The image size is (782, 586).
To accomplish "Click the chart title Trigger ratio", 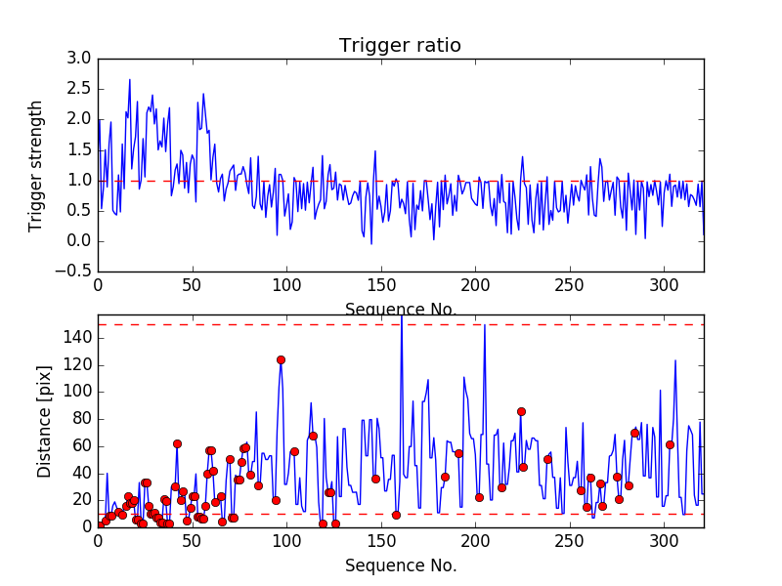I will (400, 46).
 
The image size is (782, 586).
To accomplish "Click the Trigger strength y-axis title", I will (36, 165).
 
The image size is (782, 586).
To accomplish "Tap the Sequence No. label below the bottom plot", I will (401, 565).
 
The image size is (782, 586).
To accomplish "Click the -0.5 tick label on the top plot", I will (76, 272).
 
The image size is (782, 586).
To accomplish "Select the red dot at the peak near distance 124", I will (281, 359).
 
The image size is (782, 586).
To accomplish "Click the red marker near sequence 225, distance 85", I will (521, 411).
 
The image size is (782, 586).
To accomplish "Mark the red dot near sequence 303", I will (670, 444).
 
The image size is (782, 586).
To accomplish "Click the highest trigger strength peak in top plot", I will (129, 80).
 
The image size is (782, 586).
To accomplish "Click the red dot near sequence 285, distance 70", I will (634, 433).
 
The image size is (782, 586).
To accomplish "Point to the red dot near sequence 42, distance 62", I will (177, 443).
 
